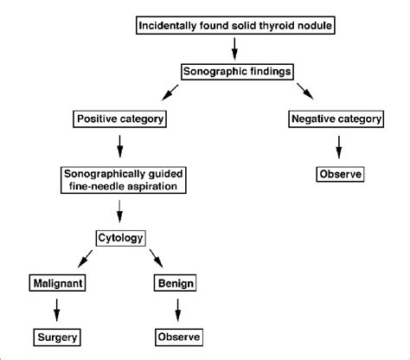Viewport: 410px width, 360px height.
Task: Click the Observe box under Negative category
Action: [338, 174]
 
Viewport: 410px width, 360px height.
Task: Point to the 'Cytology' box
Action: [119, 236]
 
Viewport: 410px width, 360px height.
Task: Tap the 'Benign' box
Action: [176, 282]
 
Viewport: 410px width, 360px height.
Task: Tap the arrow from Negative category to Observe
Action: [338, 146]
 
